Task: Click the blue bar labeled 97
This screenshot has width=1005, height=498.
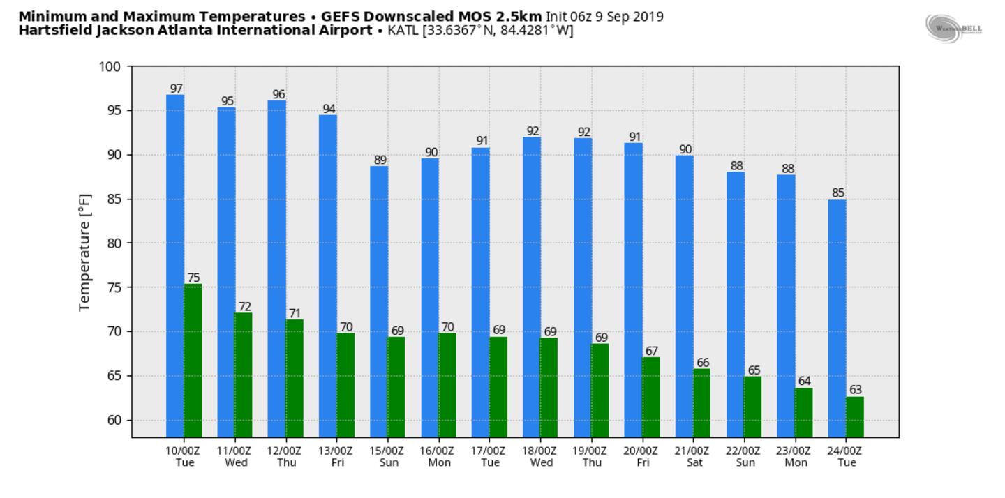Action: (175, 265)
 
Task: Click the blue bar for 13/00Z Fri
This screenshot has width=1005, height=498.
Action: (328, 276)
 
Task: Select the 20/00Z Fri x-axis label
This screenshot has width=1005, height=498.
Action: (641, 456)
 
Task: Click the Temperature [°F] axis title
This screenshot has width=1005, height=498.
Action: (85, 252)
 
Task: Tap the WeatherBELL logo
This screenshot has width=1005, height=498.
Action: (953, 28)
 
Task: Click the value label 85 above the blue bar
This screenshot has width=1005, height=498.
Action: (837, 193)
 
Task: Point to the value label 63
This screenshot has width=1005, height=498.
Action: (855, 389)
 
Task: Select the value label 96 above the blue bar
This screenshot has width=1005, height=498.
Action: (278, 94)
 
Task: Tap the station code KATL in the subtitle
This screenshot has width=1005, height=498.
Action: (403, 30)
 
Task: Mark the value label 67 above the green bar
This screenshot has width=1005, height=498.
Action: (651, 351)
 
